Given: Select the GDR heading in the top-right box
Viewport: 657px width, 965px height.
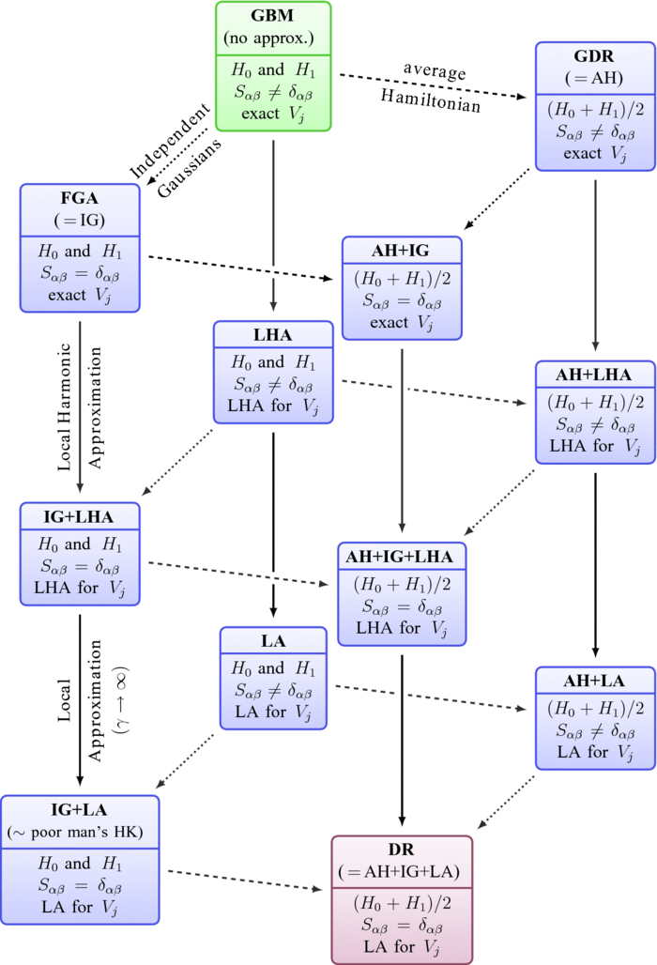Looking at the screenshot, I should click(x=595, y=56).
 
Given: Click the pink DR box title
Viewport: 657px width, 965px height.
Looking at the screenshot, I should click(x=402, y=850).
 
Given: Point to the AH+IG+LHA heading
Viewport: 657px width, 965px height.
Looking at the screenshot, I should click(x=401, y=557).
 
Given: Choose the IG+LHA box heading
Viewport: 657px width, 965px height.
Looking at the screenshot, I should click(x=80, y=518).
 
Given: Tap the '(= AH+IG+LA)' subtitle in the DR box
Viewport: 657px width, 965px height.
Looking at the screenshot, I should click(x=402, y=872).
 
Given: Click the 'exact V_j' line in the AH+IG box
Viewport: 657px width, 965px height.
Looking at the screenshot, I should click(x=403, y=323).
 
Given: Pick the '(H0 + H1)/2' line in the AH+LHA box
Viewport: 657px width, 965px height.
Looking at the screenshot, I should click(x=595, y=401).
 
